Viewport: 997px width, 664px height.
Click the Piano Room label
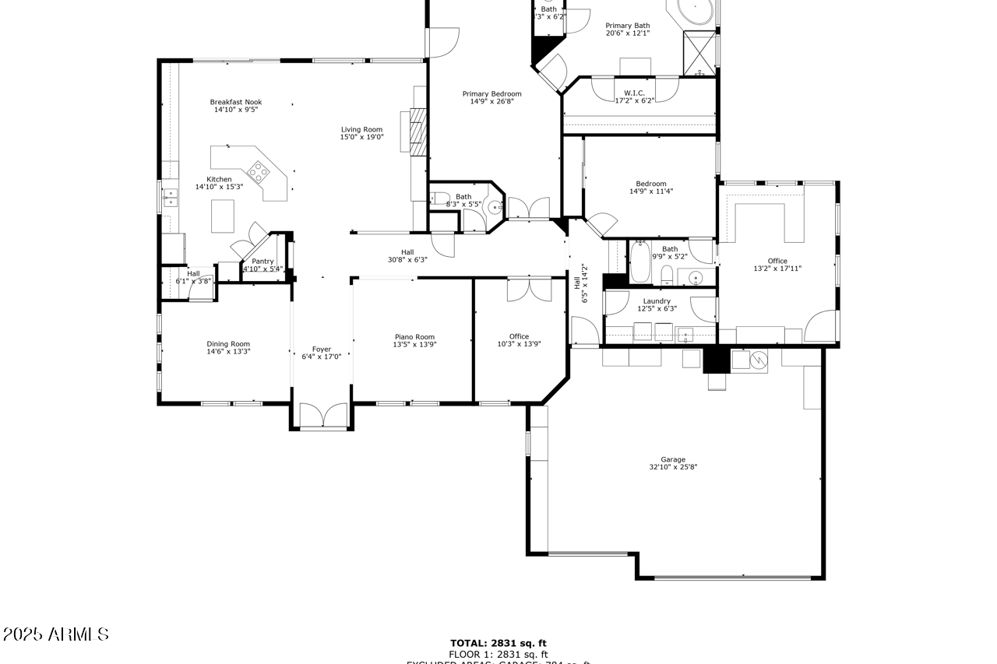pyautogui.click(x=414, y=337)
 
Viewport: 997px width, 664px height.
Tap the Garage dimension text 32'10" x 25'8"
pyautogui.click(x=673, y=468)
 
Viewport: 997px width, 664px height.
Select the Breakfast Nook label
pyautogui.click(x=235, y=102)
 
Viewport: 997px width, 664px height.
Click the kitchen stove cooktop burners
pyautogui.click(x=259, y=170)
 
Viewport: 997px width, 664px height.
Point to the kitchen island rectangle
pyautogui.click(x=223, y=216)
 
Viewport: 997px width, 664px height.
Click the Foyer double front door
pyautogui.click(x=322, y=416)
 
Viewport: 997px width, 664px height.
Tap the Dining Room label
pyautogui.click(x=228, y=344)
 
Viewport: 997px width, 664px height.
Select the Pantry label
pyautogui.click(x=262, y=262)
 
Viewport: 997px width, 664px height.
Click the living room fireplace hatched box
pyautogui.click(x=419, y=128)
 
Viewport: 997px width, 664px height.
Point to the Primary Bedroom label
pyautogui.click(x=491, y=94)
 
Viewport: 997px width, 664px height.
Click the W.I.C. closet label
pyautogui.click(x=634, y=93)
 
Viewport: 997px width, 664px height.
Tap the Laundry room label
pyautogui.click(x=657, y=301)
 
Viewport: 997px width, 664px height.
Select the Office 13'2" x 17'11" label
pyautogui.click(x=777, y=261)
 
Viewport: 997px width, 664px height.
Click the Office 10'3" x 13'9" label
pyautogui.click(x=519, y=336)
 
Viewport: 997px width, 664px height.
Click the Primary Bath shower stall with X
pyautogui.click(x=699, y=52)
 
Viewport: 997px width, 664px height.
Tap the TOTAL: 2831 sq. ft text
pyautogui.click(x=498, y=643)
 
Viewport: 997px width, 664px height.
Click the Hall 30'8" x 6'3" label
pyautogui.click(x=407, y=251)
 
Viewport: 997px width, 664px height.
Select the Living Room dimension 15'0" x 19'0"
pyautogui.click(x=361, y=137)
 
